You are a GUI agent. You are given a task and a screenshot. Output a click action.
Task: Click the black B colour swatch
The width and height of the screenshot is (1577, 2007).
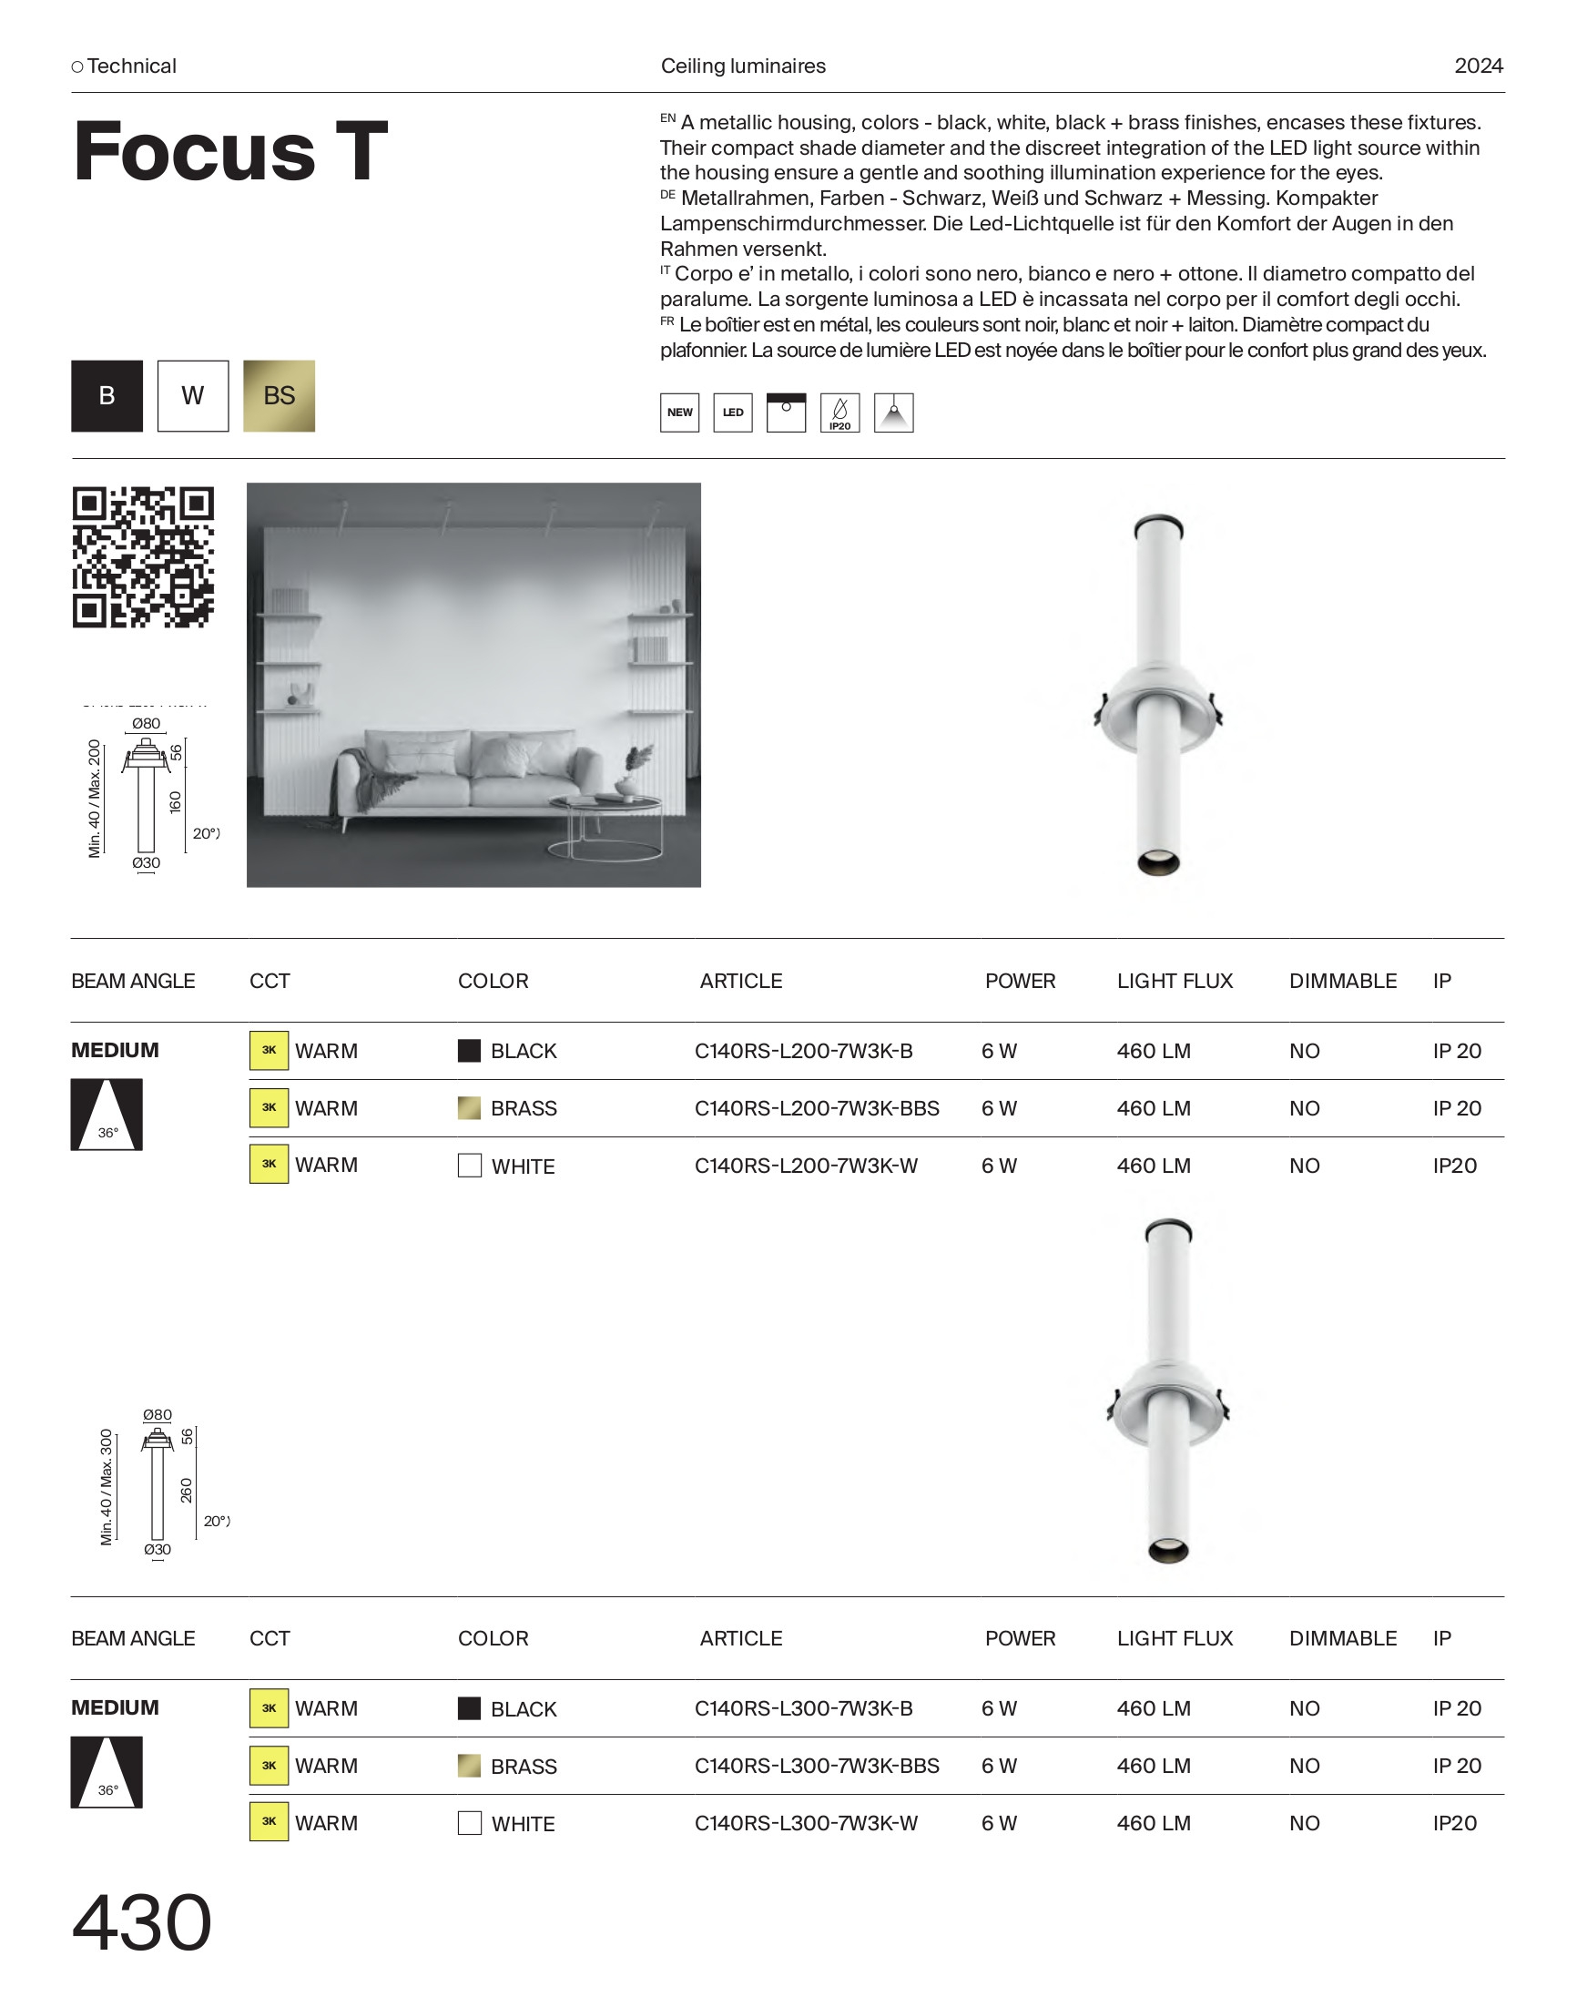[x=107, y=396]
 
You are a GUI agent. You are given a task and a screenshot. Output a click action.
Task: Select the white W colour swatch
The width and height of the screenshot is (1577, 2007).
[x=193, y=396]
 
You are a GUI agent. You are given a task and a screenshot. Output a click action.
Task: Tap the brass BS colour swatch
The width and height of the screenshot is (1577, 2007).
[x=279, y=396]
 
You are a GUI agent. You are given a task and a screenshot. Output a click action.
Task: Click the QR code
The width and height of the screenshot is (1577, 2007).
[x=143, y=557]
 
